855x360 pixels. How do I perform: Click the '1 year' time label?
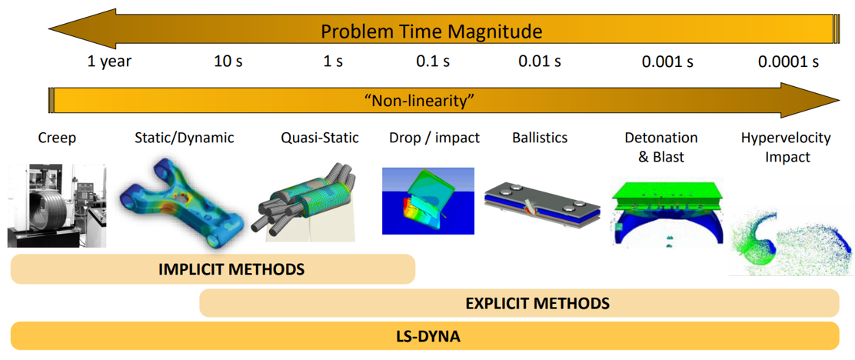pyautogui.click(x=110, y=62)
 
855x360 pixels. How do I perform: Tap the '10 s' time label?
pyautogui.click(x=228, y=62)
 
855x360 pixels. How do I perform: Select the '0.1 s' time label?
pyautogui.click(x=433, y=62)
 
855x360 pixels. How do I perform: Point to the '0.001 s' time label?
pyautogui.click(x=667, y=62)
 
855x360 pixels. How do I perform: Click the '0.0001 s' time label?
pyautogui.click(x=788, y=62)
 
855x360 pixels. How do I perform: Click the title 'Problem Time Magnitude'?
pyautogui.click(x=431, y=31)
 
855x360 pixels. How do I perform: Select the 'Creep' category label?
pyautogui.click(x=57, y=138)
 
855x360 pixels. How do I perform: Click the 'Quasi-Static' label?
pyautogui.click(x=320, y=138)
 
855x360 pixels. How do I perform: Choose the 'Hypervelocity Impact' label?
pyautogui.click(x=786, y=147)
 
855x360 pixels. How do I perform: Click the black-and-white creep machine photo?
pyautogui.click(x=57, y=205)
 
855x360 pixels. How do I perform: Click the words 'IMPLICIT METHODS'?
pyautogui.click(x=231, y=269)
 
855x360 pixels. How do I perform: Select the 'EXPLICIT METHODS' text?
pyautogui.click(x=537, y=303)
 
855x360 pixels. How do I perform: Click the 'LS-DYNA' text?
pyautogui.click(x=428, y=336)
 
